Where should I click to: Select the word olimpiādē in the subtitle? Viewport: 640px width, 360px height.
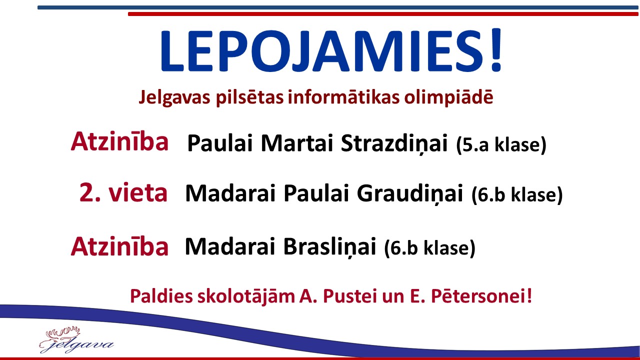coord(448,97)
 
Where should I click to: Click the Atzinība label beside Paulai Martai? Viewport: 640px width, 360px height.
coord(119,141)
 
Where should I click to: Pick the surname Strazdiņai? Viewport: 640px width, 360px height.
coord(394,143)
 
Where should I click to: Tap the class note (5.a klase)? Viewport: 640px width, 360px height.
coord(501,144)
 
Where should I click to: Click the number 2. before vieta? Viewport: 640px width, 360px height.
coord(90,192)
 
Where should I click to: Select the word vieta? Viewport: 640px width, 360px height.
coord(137,192)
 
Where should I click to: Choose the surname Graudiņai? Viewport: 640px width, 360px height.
coord(409,193)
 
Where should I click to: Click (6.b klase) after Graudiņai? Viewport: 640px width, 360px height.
coord(517,195)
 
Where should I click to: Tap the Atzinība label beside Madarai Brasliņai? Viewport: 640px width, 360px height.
coord(119,246)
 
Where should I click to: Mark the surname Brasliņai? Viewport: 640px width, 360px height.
coord(329,246)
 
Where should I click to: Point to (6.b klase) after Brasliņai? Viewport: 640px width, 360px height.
coord(430,248)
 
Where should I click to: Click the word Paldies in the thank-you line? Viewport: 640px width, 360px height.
coord(161,296)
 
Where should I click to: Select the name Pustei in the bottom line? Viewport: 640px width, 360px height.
coord(349,296)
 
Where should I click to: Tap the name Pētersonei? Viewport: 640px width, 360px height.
coord(478,296)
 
